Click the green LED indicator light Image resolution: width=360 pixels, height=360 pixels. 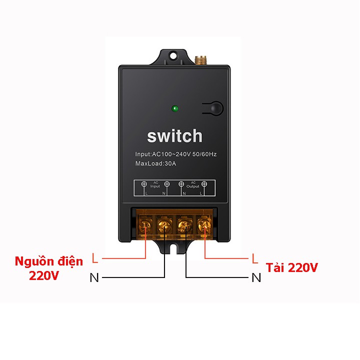click(x=174, y=108)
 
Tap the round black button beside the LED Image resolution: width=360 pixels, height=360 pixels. click(x=215, y=108)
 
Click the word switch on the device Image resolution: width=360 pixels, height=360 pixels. click(x=174, y=135)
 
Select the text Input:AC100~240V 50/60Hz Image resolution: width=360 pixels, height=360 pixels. click(x=176, y=154)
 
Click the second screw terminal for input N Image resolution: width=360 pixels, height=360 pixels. click(x=165, y=226)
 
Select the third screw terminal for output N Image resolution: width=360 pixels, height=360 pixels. click(x=185, y=226)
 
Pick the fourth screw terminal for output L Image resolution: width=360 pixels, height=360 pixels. click(x=204, y=226)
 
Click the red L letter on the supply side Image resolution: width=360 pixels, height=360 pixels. click(x=95, y=258)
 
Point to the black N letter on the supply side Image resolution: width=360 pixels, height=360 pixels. click(x=94, y=277)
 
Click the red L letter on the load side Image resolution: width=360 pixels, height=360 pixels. click(x=255, y=258)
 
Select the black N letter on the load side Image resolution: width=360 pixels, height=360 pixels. click(x=256, y=277)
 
